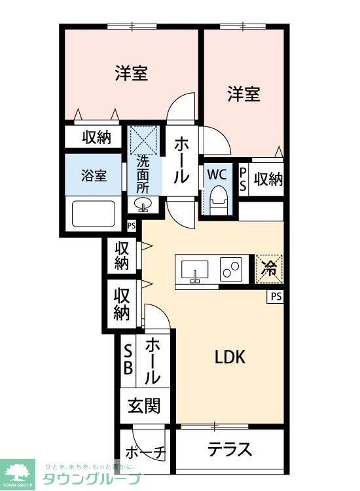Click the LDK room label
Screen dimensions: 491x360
point(230,357)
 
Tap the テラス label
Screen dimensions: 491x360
point(230,450)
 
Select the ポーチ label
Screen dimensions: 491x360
point(146,454)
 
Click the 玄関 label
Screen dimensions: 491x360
point(144,407)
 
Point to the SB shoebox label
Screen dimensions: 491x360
point(128,359)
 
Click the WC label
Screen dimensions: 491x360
point(217,175)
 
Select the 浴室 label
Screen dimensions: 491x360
point(92,175)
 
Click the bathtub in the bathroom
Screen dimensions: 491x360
point(92,213)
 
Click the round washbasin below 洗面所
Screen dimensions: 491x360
point(143,206)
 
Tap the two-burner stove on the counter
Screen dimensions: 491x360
point(232,269)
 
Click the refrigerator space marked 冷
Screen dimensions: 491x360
point(269,267)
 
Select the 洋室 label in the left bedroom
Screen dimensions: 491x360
point(131,73)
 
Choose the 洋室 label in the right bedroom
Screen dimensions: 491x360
point(243,94)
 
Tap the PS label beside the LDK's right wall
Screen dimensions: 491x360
point(276,297)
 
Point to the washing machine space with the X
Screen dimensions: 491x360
point(143,139)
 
